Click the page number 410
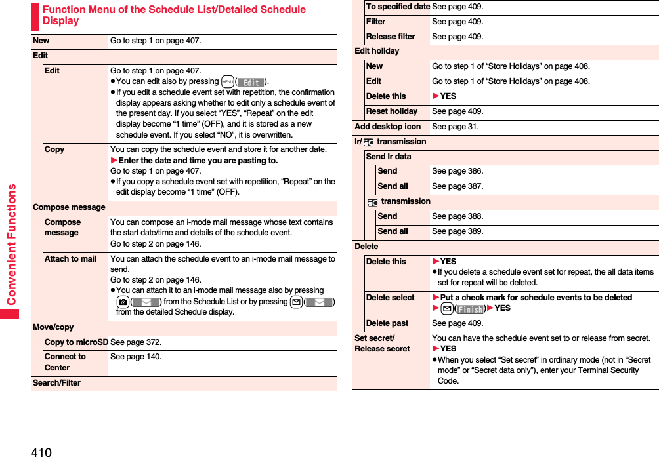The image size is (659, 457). (x=40, y=452)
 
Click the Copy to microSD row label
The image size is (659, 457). (x=76, y=342)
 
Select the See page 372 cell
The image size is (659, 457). (x=136, y=342)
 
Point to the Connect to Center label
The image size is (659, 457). (x=65, y=362)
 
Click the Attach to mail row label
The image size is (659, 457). (x=70, y=259)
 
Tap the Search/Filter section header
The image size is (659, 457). (x=56, y=383)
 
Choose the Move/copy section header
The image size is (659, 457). (x=53, y=327)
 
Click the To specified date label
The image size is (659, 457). (x=398, y=7)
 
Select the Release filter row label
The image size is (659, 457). (x=391, y=37)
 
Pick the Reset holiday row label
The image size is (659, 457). (x=391, y=111)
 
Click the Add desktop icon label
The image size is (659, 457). (x=387, y=127)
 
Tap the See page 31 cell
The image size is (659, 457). (x=456, y=127)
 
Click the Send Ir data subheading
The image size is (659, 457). (x=389, y=157)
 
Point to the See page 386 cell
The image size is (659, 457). (x=457, y=171)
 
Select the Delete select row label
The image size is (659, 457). (x=390, y=298)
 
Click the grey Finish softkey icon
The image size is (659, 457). (x=470, y=309)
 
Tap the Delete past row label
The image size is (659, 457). (x=387, y=323)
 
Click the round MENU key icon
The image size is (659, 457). (x=228, y=82)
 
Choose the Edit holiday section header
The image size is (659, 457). (x=377, y=51)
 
